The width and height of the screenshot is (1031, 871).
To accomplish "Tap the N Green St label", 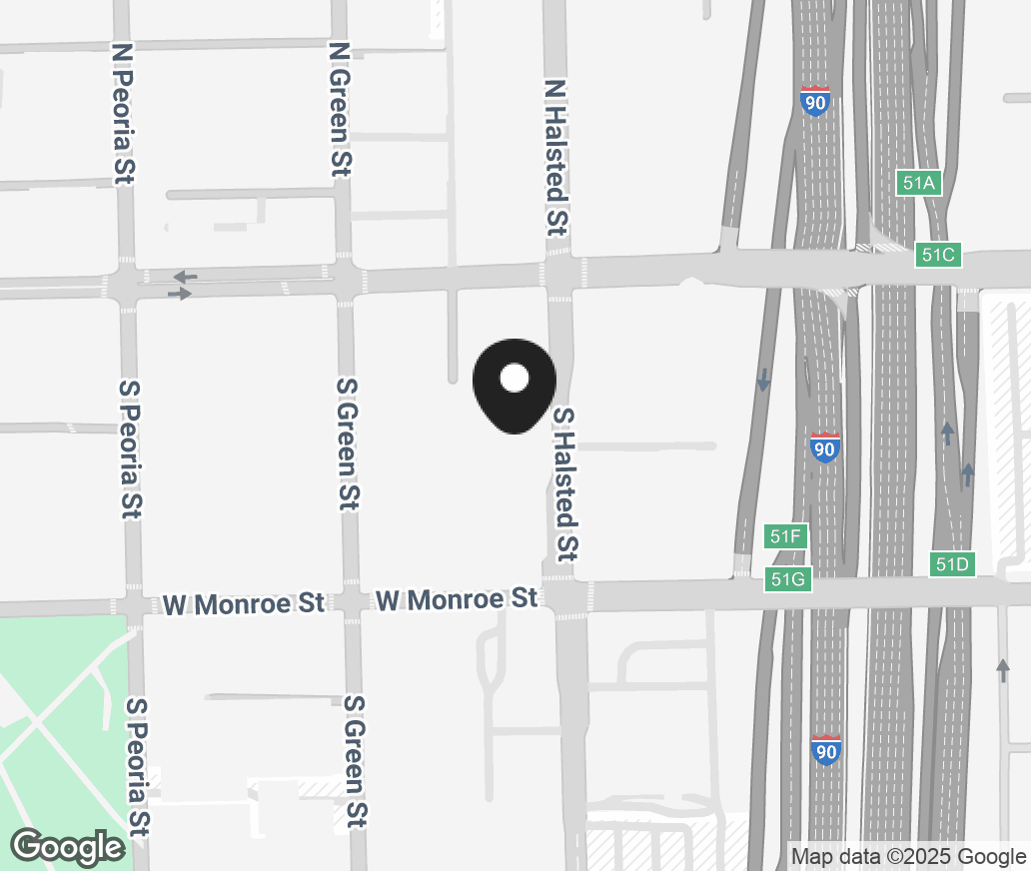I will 341,109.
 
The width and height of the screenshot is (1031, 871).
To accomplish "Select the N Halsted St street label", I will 555,157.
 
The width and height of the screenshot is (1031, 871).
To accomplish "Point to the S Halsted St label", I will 565,483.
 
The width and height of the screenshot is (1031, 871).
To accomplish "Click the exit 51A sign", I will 918,183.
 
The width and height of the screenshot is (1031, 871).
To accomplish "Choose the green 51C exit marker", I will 938,255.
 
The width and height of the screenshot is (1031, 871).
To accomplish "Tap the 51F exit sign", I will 786,536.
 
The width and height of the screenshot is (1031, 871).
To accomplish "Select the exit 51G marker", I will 788,579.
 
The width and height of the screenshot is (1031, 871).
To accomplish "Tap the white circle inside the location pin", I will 514,378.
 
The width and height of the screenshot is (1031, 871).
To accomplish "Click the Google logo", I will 68,847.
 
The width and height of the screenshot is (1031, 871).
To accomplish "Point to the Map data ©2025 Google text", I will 908,856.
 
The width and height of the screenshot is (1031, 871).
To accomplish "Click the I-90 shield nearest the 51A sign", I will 815,101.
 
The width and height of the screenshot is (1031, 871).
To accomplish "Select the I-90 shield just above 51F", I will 825,447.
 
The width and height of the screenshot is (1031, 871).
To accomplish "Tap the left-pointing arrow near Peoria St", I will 185,276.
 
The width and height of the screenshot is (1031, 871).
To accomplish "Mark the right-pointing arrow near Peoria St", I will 180,294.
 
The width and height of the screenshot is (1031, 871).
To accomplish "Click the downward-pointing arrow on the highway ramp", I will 763,380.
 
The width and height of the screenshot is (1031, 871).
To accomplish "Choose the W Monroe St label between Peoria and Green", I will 244,603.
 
